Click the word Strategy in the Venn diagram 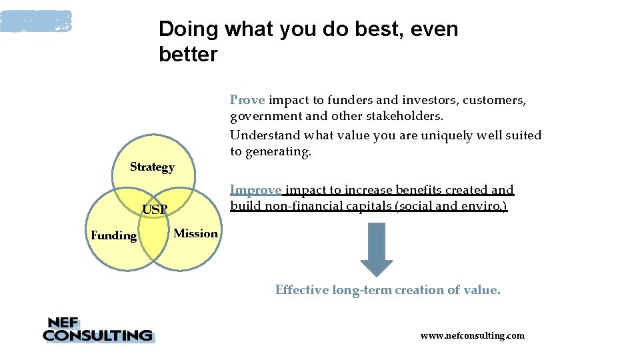point(152,167)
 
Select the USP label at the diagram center point(155,210)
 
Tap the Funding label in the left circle point(113,235)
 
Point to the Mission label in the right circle point(195,233)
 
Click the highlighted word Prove point(247,100)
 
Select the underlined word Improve point(256,190)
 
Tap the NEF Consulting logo point(97,329)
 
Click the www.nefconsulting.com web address point(472,335)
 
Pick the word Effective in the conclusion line point(302,290)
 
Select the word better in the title point(188,55)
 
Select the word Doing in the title point(189,29)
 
